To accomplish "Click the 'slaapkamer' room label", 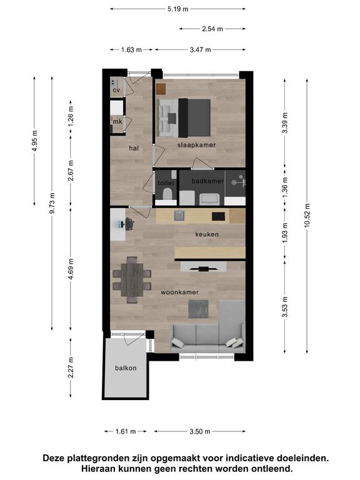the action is tap(196, 145).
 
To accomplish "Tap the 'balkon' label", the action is tap(126, 368).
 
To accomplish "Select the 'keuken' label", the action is tap(207, 234).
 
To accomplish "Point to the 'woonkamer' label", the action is tap(180, 292).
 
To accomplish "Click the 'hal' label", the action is tap(134, 148).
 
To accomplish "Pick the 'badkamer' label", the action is tap(207, 181).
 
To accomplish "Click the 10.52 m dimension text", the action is tap(307, 215).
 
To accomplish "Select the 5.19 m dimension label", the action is tap(177, 9).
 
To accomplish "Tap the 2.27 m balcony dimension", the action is tap(71, 367).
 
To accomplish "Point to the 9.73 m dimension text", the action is tap(52, 203).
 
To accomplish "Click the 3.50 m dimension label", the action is tap(200, 432).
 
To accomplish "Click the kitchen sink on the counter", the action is tap(179, 216).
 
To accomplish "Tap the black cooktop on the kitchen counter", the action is tap(219, 216).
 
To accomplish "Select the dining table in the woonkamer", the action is tap(132, 280).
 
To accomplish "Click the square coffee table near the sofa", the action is tap(198, 309).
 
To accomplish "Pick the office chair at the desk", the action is tap(129, 224).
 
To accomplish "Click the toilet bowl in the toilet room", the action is tap(167, 194).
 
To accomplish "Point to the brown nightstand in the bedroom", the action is tap(161, 89).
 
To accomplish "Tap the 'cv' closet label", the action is tap(116, 90).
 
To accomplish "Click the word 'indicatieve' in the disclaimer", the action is tap(249, 459).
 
